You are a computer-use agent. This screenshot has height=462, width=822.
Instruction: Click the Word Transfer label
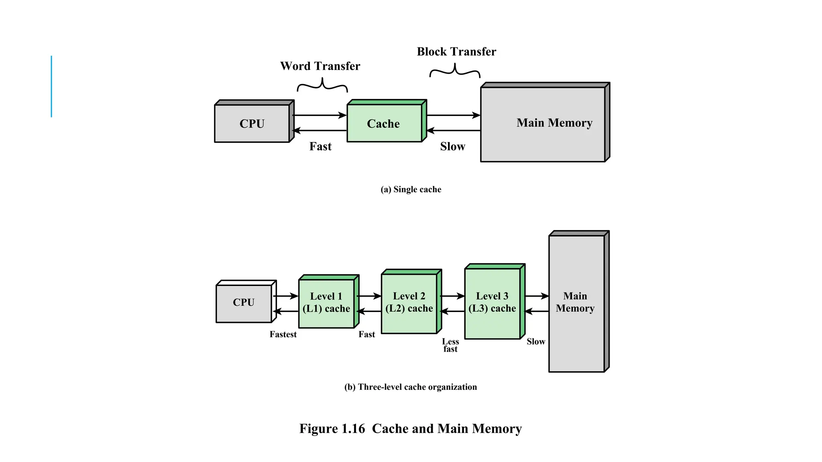tap(320, 66)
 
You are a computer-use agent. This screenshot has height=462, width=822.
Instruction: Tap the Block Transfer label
tap(456, 52)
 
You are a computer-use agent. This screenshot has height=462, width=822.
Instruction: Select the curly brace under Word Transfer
tap(322, 85)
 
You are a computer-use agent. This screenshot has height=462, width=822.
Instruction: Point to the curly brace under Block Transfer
tap(455, 71)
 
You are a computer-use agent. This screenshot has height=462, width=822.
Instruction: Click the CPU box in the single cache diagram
tap(252, 123)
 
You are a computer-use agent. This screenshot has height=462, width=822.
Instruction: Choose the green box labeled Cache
tap(384, 123)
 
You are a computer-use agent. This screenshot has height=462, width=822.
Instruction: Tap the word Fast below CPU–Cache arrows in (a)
tap(320, 146)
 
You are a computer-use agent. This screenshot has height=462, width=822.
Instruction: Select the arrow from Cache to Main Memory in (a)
tap(454, 115)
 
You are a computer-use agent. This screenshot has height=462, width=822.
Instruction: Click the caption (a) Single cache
tap(411, 189)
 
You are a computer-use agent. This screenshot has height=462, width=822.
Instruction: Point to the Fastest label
tap(283, 334)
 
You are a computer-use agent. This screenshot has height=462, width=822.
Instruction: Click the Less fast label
tap(450, 345)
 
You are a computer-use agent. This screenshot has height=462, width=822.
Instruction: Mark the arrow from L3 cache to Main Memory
tap(537, 296)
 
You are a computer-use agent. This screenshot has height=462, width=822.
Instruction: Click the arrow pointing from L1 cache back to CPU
tap(286, 312)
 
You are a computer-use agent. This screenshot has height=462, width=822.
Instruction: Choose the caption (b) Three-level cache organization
tap(411, 387)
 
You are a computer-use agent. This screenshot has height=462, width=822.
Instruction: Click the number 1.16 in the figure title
tap(353, 429)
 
